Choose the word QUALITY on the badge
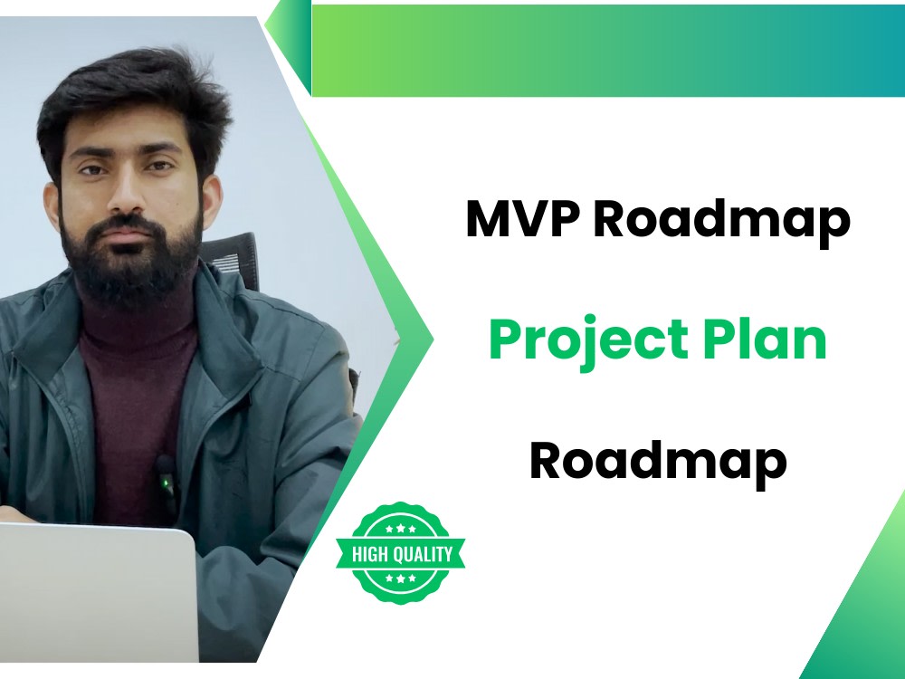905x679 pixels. (x=423, y=554)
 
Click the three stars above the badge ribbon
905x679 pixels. (x=400, y=528)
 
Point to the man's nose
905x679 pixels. (x=126, y=196)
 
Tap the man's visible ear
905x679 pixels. (x=210, y=194)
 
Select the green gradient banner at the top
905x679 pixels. (x=606, y=50)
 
